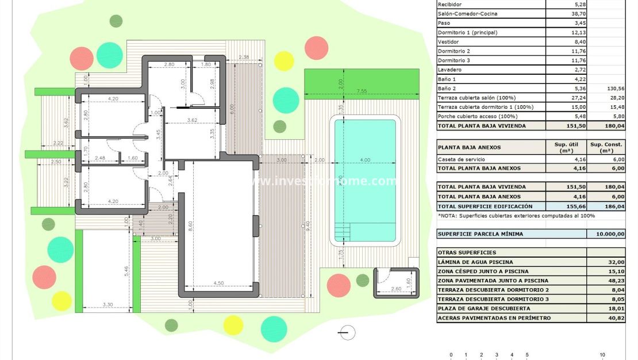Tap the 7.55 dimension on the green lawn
(362, 91)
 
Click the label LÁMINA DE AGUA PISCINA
(475, 262)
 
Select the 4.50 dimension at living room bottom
(218, 282)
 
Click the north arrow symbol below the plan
(347, 332)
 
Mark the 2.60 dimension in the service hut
(396, 289)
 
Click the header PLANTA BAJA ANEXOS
(469, 147)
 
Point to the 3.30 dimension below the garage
(107, 305)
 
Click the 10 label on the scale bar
(602, 355)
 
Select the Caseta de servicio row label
(461, 159)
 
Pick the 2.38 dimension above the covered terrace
(243, 58)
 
